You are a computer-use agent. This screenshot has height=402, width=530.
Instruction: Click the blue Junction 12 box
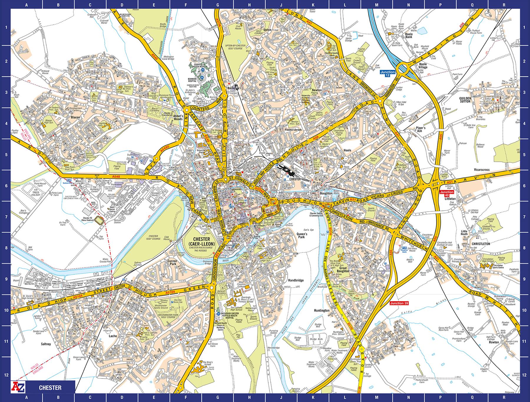point(387,74)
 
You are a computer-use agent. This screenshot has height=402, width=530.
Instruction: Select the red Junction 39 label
point(399,303)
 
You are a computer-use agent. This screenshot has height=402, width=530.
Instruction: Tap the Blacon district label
point(75,117)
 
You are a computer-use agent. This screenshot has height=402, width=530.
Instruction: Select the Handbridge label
point(296,281)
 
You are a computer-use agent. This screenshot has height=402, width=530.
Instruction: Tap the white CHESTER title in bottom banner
point(50,388)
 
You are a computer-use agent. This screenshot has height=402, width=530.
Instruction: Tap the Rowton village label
point(494,342)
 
